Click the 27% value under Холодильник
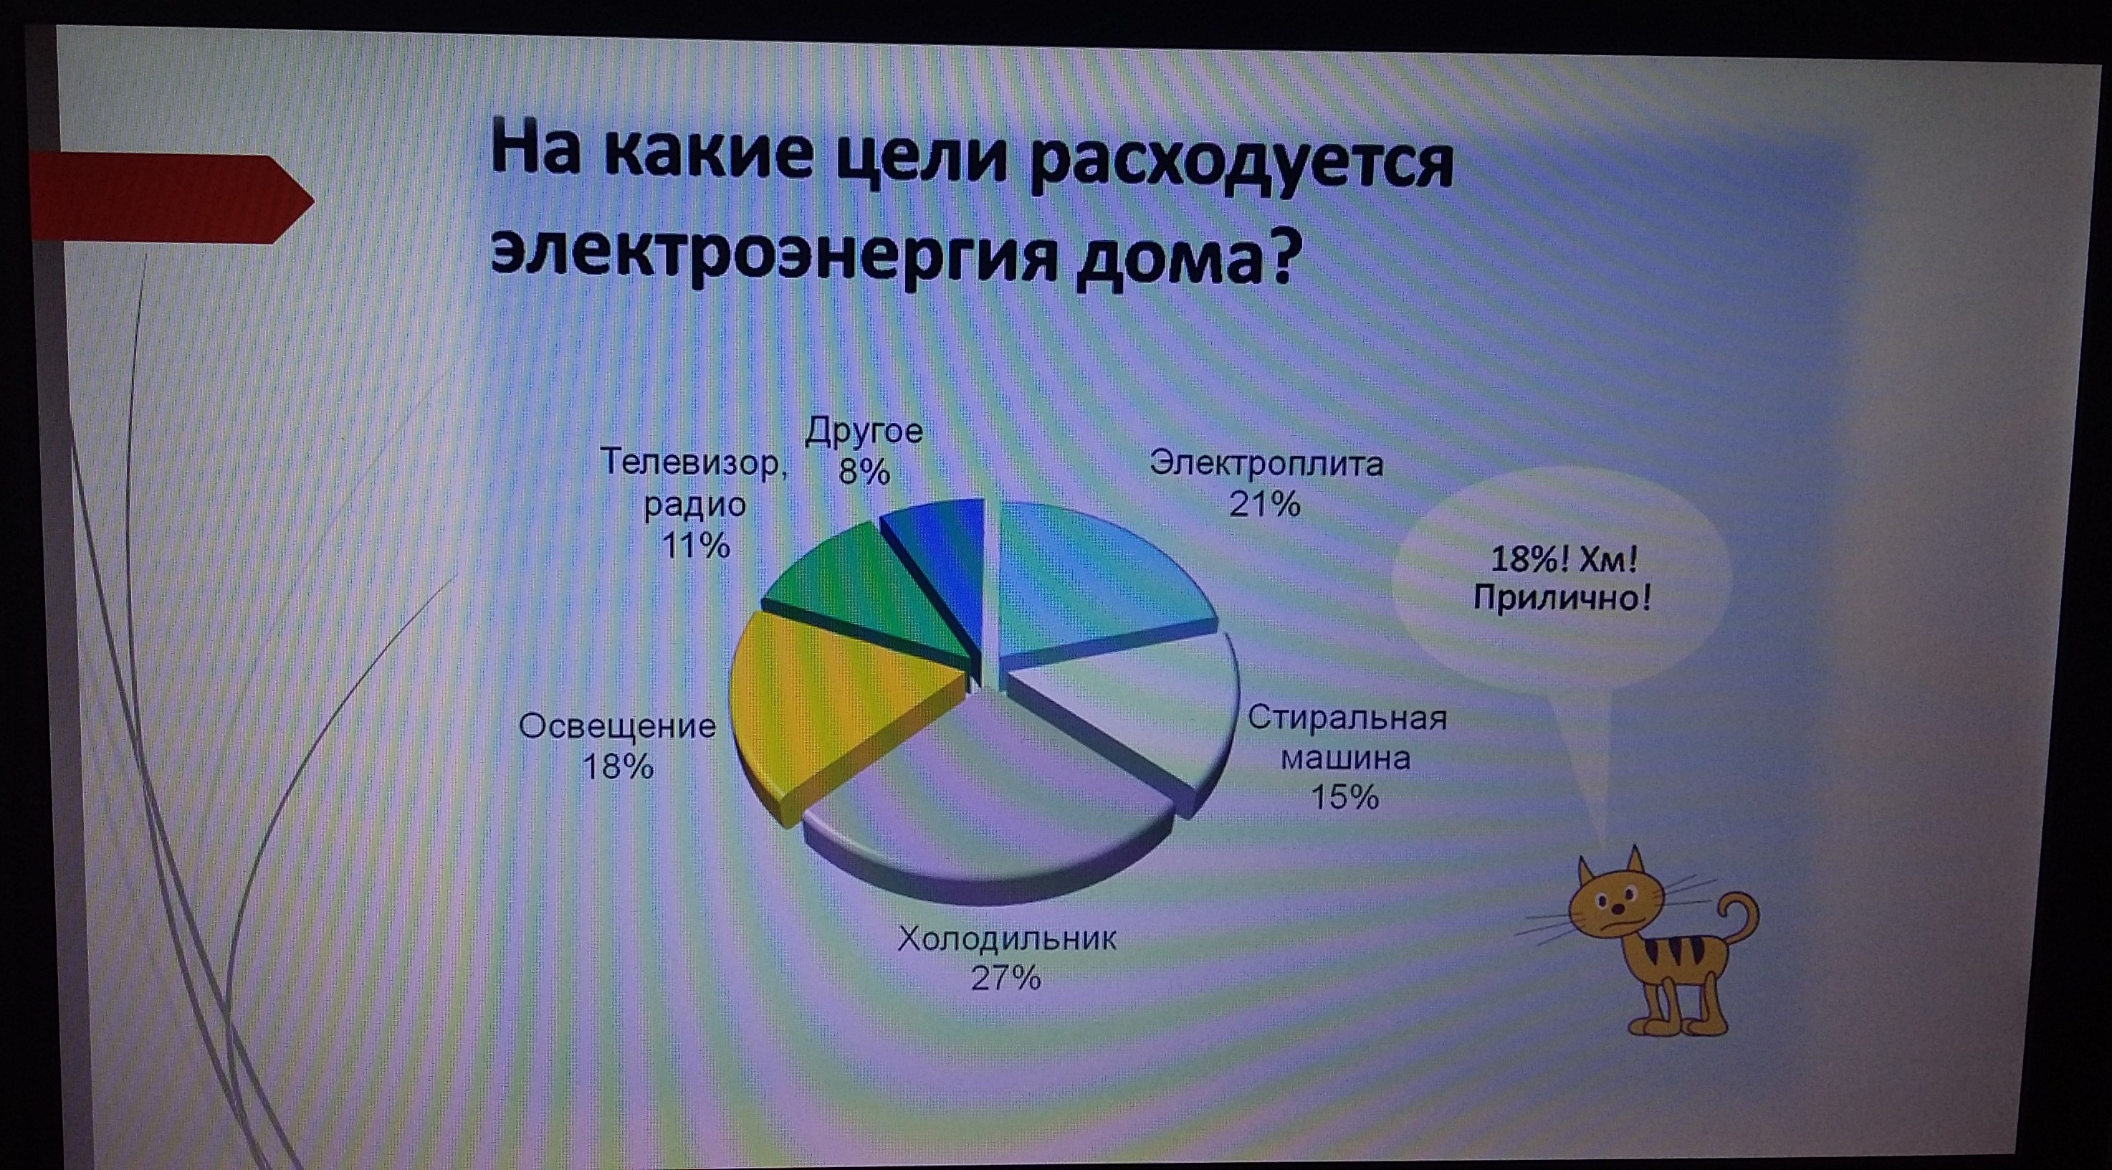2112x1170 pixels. [x=1006, y=978]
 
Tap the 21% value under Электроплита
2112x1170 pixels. [x=1264, y=504]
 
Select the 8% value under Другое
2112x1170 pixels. [x=864, y=472]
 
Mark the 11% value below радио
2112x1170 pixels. [x=695, y=546]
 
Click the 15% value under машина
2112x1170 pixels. [x=1344, y=797]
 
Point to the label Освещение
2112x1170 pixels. [x=617, y=726]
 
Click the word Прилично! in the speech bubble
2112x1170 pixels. [x=1562, y=598]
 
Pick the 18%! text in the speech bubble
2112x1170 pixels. [x=1529, y=560]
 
